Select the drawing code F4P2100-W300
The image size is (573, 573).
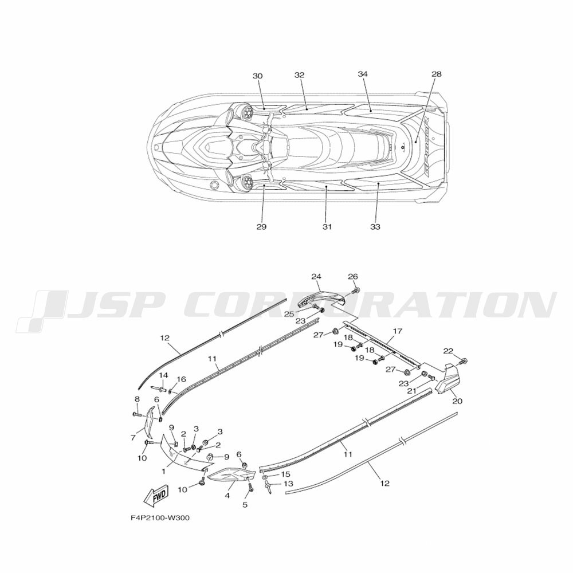[x=160, y=518]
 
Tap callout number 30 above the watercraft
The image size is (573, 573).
[x=258, y=76]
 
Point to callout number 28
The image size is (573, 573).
[x=436, y=74]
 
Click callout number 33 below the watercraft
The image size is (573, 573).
[x=375, y=226]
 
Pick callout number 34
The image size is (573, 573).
[x=363, y=74]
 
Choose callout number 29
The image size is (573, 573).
[x=261, y=226]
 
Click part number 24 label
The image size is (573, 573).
[x=316, y=277]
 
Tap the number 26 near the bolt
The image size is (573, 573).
[x=353, y=277]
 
